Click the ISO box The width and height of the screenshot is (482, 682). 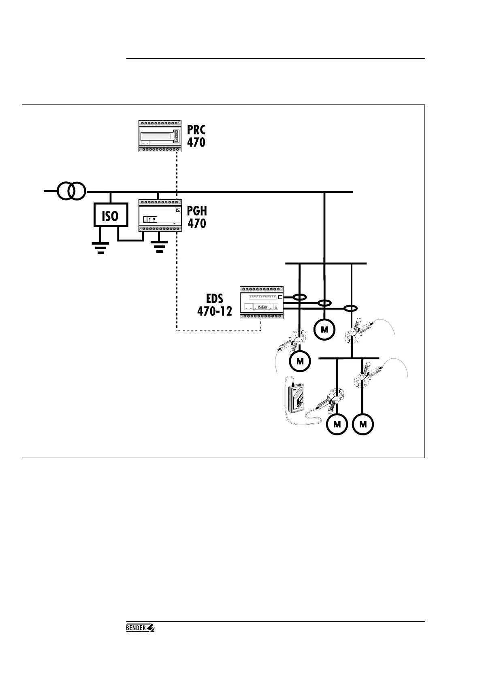tap(111, 215)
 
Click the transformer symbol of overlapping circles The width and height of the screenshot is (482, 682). tap(71, 191)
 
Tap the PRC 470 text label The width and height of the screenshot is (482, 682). tap(196, 136)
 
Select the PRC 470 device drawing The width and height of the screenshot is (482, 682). tap(159, 136)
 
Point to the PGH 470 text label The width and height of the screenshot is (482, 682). tap(197, 217)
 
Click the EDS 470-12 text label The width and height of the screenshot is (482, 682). tap(215, 305)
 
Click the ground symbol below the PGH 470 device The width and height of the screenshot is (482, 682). tap(159, 246)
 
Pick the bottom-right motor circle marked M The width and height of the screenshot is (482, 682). tap(363, 424)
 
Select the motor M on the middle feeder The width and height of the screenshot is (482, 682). tap(324, 329)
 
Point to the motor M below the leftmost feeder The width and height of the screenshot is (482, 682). tap(300, 360)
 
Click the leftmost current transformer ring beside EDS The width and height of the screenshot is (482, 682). tap(299, 298)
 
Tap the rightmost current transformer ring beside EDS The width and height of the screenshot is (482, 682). tap(351, 309)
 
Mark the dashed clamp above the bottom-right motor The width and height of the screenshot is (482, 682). tap(366, 375)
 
